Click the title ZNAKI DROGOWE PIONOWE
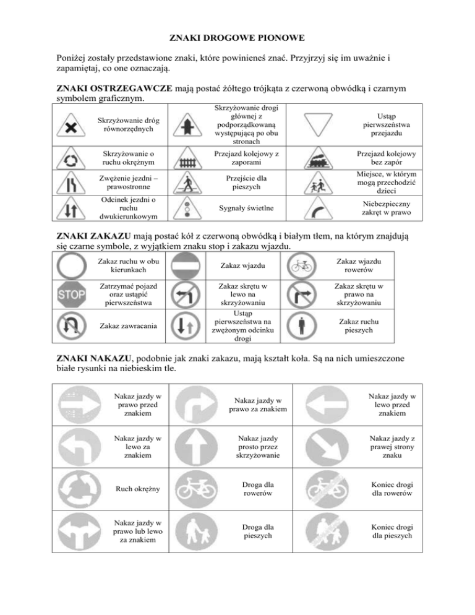click(237, 39)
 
